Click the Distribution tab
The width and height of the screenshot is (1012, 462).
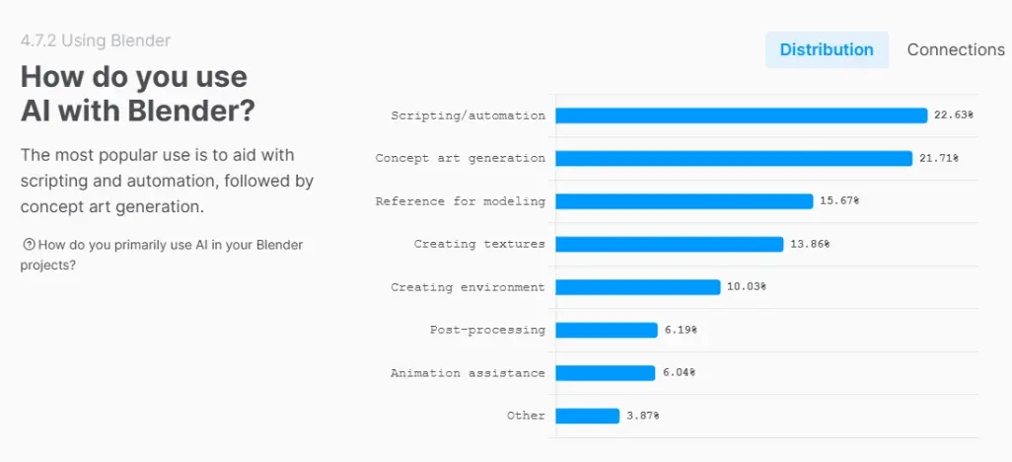827,49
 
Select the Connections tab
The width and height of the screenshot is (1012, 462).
955,49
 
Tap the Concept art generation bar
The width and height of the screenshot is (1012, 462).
734,158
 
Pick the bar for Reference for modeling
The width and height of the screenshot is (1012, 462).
685,201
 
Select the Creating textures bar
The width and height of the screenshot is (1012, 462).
670,244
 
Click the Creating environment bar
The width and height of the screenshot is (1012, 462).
638,287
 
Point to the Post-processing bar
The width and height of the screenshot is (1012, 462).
607,330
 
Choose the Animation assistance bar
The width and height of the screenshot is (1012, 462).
606,373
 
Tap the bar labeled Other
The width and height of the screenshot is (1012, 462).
588,416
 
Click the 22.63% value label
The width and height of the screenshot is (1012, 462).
954,115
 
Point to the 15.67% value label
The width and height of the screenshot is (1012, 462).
839,201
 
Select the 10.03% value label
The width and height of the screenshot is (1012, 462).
746,287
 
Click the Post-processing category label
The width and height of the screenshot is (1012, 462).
487,330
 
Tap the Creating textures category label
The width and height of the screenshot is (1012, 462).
479,244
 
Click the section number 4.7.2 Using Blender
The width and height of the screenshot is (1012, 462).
96,40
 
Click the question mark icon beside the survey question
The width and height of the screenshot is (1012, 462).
29,245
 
